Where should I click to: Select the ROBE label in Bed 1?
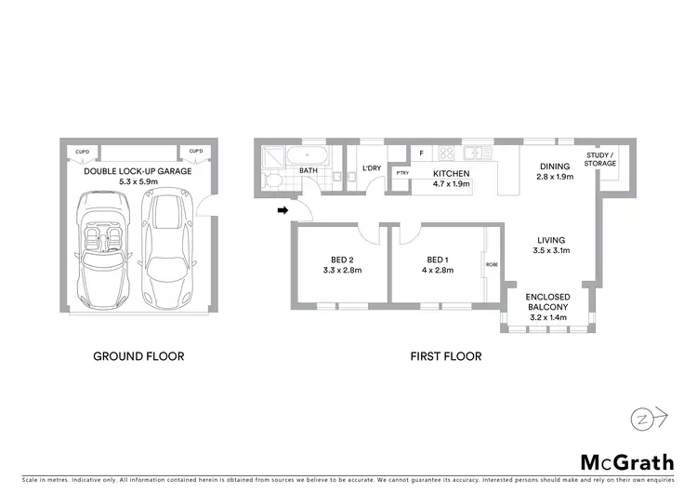(x=492, y=264)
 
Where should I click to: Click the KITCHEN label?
(x=451, y=173)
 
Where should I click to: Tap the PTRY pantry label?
(x=402, y=173)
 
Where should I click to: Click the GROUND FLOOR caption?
(x=138, y=356)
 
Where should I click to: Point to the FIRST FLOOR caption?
(x=446, y=356)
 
